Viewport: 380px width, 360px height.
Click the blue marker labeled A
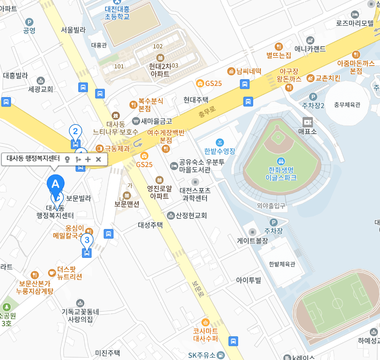point(55,185)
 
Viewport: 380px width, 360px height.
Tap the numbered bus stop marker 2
point(75,132)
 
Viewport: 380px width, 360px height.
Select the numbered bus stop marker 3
point(87,240)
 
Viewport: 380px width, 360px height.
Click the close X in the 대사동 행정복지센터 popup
point(98,159)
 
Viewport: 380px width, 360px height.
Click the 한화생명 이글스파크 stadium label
point(281,173)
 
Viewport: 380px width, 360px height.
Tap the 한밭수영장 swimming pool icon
point(220,142)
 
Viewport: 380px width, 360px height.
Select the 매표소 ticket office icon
point(307,122)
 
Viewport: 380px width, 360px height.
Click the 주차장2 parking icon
point(313,97)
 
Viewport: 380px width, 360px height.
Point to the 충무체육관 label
point(347,104)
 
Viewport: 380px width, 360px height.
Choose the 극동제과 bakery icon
point(99,148)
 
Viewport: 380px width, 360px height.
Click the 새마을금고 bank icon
point(136,121)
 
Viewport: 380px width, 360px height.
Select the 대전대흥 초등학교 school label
point(117,12)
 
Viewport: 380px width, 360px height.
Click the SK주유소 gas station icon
point(221,355)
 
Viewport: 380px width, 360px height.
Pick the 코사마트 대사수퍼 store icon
point(205,322)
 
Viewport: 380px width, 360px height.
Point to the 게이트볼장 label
point(252,240)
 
